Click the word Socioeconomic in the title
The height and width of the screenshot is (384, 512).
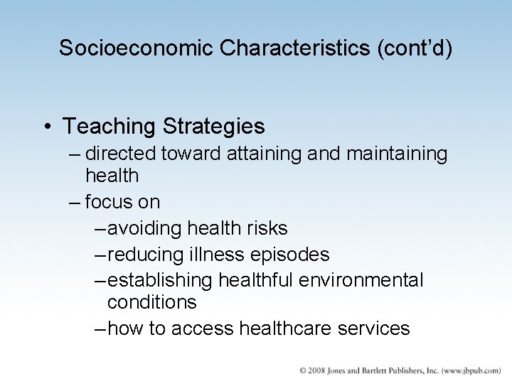(137, 48)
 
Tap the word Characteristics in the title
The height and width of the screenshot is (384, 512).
(294, 48)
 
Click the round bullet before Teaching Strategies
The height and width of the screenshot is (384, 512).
(45, 127)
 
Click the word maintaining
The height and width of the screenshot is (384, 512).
(398, 154)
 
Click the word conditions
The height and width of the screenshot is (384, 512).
(151, 302)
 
